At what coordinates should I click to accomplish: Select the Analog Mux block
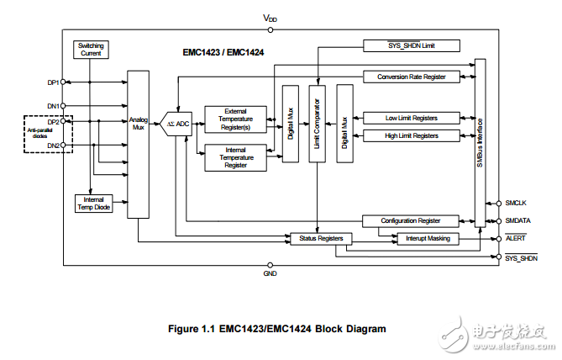point(138,144)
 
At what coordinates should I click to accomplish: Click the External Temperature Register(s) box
point(236,119)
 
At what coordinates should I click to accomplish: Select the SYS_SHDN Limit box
point(412,45)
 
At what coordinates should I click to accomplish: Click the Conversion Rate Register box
point(412,77)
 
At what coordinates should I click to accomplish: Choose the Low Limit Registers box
point(412,118)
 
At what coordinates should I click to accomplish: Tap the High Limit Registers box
point(412,135)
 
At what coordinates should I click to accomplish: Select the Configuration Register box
point(412,220)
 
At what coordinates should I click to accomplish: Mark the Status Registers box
point(320,239)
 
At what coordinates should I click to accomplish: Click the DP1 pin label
point(52,82)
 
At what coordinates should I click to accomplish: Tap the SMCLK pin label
point(515,203)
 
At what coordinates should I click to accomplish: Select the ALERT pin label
point(515,238)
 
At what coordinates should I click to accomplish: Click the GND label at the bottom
point(270,274)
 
